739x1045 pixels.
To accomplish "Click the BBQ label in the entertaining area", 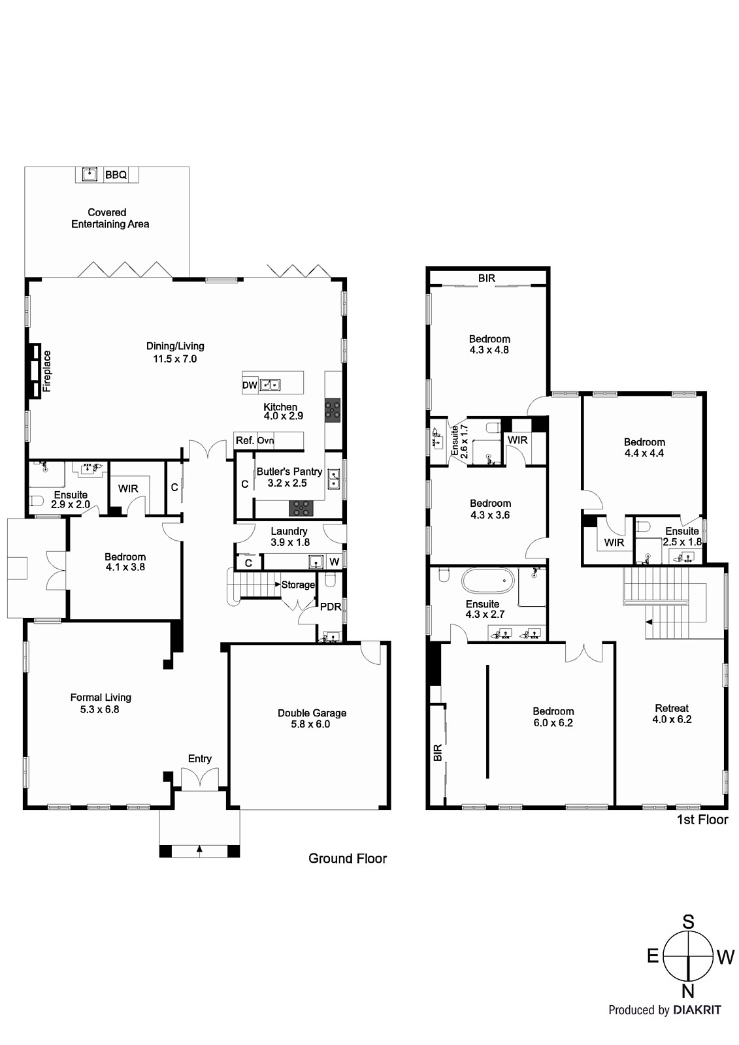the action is pyautogui.click(x=116, y=175).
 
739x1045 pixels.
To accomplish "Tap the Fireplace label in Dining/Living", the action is pyautogui.click(x=46, y=371).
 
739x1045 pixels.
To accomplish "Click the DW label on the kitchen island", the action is pyautogui.click(x=250, y=385).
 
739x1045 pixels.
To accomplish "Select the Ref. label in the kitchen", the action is pyautogui.click(x=244, y=440).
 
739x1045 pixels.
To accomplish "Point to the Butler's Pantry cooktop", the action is pyautogui.click(x=301, y=508).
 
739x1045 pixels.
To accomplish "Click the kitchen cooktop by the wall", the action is pyautogui.click(x=333, y=410).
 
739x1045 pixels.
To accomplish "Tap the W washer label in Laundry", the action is pyautogui.click(x=335, y=562).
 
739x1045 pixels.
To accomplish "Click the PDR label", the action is pyautogui.click(x=331, y=607).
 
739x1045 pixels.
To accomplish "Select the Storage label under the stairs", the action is pyautogui.click(x=298, y=585).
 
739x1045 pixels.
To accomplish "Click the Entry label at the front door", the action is pyautogui.click(x=200, y=758).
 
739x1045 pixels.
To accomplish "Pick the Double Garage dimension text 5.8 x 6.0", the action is pyautogui.click(x=310, y=724).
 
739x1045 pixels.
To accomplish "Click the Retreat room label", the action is pyautogui.click(x=672, y=708).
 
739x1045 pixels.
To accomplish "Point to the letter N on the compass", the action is pyautogui.click(x=688, y=991).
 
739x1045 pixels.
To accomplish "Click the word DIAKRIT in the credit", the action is pyautogui.click(x=697, y=1010).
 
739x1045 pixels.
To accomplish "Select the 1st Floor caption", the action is pyautogui.click(x=702, y=820).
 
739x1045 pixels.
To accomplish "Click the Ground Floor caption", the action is pyautogui.click(x=348, y=858).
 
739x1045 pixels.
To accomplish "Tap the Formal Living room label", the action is pyautogui.click(x=101, y=698).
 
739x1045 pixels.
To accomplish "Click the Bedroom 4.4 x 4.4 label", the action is pyautogui.click(x=644, y=447).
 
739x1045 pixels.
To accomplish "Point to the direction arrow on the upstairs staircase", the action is pyautogui.click(x=649, y=622).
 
